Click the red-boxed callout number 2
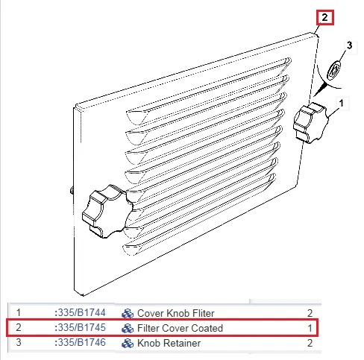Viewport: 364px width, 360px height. coord(324,18)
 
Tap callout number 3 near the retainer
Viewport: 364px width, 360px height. coord(350,45)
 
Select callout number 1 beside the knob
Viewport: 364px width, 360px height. coord(342,103)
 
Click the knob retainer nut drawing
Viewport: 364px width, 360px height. coord(333,70)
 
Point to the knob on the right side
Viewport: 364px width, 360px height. coord(310,123)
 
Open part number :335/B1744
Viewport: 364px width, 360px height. coord(80,313)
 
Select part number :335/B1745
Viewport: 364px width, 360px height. coord(80,328)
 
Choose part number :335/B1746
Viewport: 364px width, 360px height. coord(80,343)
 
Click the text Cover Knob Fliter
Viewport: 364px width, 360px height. coord(175,313)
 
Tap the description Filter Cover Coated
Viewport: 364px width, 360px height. coord(180,328)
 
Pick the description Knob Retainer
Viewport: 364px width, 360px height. coord(169,343)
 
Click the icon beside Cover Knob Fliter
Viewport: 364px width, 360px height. coord(128,314)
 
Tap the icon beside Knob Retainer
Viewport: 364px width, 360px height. coord(128,344)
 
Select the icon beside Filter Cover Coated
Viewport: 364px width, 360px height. coord(128,329)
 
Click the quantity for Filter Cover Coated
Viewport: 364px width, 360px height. coord(310,328)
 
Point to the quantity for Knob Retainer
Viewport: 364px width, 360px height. coord(310,343)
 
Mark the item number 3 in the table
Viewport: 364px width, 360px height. coord(19,342)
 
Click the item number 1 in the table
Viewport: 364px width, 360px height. coord(19,312)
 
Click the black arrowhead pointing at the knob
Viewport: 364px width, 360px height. coord(321,89)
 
